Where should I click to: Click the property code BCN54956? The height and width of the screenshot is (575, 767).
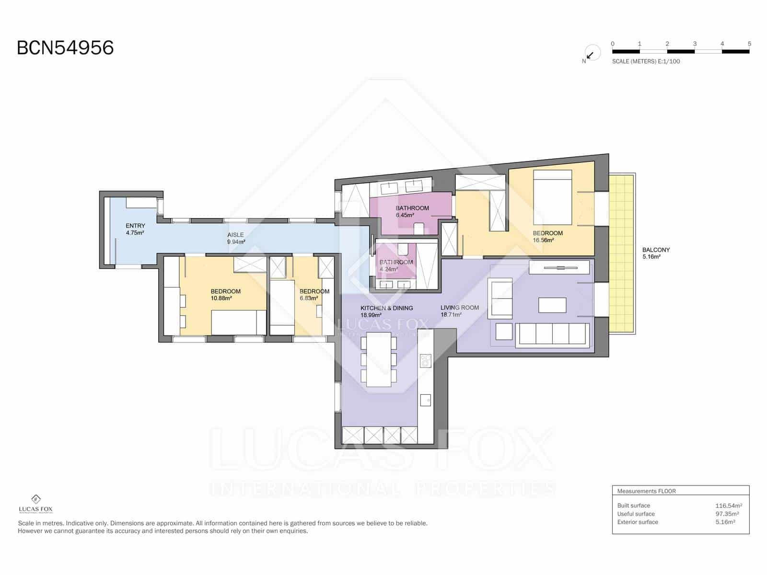click(65, 48)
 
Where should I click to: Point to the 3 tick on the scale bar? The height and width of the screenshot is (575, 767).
click(695, 44)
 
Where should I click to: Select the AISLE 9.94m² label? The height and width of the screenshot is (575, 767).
click(236, 238)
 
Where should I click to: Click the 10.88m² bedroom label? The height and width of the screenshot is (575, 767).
click(225, 295)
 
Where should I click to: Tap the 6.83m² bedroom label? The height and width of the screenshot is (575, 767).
click(314, 295)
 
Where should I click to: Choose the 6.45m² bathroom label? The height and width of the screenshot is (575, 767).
click(412, 211)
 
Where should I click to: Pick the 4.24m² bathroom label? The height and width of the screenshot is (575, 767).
click(395, 265)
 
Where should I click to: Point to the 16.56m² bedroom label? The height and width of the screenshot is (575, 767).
click(547, 237)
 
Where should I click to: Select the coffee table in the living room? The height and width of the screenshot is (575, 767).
click(552, 305)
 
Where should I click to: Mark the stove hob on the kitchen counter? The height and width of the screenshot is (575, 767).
click(425, 360)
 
